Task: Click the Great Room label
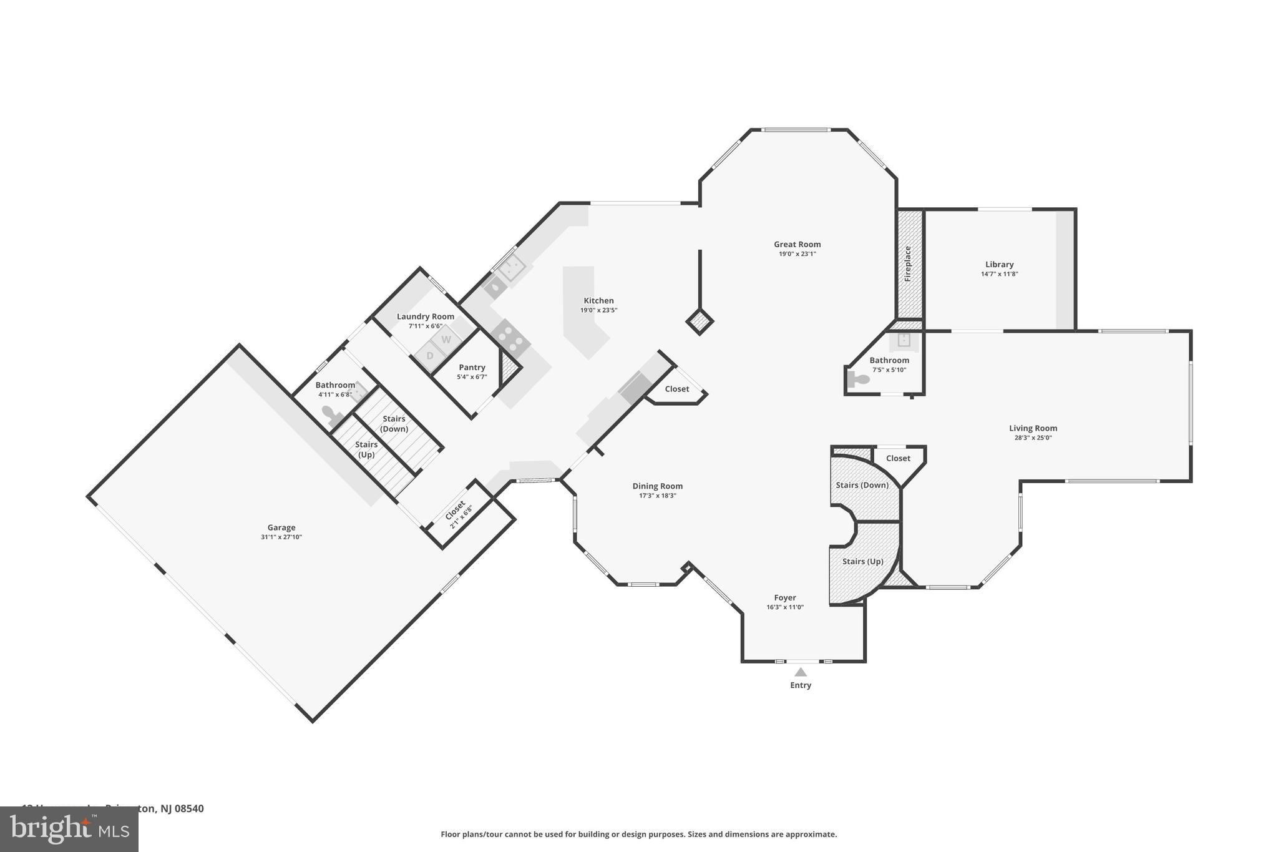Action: [x=797, y=245]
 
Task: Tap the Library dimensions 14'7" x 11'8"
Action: [x=999, y=274]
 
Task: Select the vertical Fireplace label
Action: [x=908, y=263]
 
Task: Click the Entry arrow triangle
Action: [x=801, y=672]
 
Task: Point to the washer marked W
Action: [x=446, y=340]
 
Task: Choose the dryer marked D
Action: [x=429, y=356]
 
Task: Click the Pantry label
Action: [x=472, y=368]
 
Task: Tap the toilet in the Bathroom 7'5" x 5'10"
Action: [x=859, y=379]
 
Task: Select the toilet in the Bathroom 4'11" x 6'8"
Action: [x=330, y=413]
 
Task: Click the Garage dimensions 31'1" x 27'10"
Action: [x=281, y=537]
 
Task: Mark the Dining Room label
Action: [x=657, y=486]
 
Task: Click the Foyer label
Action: [x=785, y=597]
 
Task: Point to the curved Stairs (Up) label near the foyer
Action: [x=862, y=562]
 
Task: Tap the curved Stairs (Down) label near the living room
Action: [x=862, y=485]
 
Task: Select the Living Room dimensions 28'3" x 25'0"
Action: [x=1033, y=438]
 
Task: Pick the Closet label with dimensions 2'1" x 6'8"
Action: [x=455, y=510]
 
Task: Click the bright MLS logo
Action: [x=69, y=829]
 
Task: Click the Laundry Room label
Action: [x=426, y=316]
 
